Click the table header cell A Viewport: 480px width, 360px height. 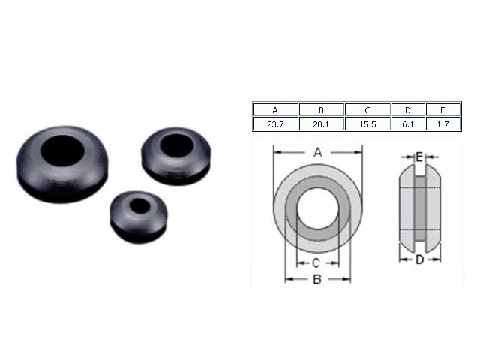tap(275, 109)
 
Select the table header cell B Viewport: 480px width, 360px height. tap(322, 109)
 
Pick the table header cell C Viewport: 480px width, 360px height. tap(367, 109)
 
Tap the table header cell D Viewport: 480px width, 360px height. tap(408, 109)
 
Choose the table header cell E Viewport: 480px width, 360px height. tap(443, 109)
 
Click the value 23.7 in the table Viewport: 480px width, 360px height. tap(275, 124)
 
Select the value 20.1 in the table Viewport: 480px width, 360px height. tap(322, 124)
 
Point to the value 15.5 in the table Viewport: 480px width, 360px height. tap(367, 124)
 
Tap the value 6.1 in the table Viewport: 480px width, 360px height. tap(408, 124)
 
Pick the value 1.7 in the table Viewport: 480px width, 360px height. tap(443, 124)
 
